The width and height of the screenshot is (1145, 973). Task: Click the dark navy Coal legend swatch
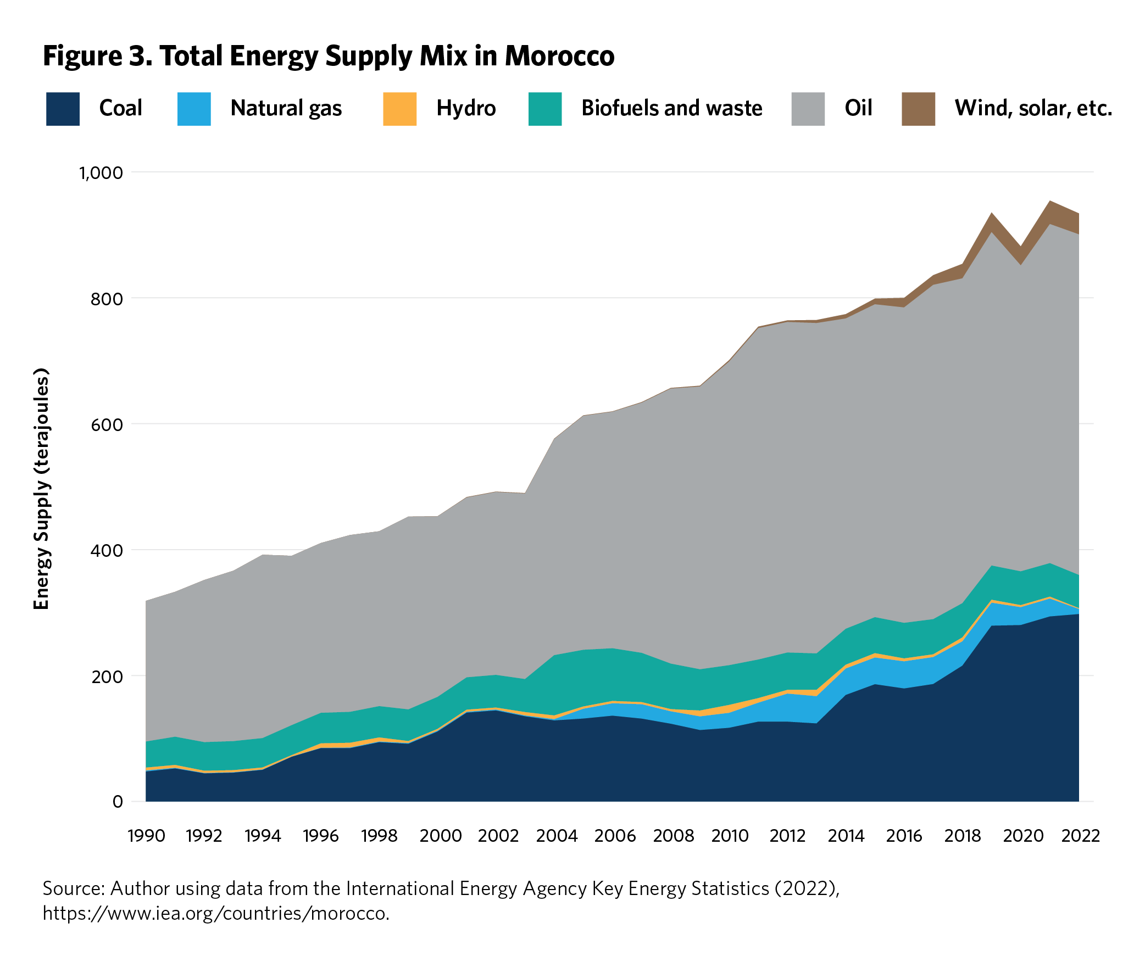pos(62,109)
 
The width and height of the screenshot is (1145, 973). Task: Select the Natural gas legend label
pos(286,108)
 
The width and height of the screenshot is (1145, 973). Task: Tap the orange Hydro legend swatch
pos(399,109)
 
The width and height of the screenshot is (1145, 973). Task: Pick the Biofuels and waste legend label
pos(671,108)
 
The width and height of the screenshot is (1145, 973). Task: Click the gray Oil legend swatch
pos(807,109)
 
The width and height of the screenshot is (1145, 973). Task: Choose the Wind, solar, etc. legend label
pos(1032,108)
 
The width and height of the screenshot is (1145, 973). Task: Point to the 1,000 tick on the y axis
pos(101,173)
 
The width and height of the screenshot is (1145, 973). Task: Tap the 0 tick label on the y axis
pos(117,802)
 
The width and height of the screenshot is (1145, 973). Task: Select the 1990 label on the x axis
pos(146,836)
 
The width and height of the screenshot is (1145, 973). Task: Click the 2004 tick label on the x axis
pos(556,836)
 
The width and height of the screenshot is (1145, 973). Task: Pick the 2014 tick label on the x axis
pos(846,836)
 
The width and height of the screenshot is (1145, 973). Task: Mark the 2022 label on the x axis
pos(1080,836)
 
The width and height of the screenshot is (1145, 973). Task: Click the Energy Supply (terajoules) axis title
pos(42,488)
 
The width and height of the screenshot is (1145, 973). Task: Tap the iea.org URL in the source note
pos(216,914)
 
